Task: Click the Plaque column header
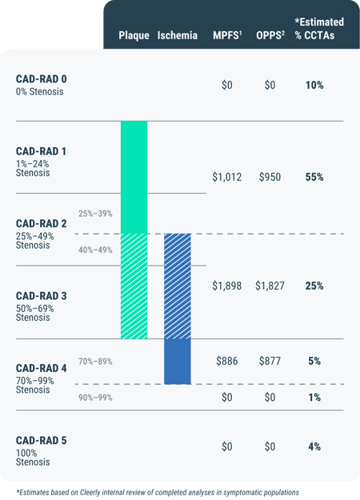coord(134,36)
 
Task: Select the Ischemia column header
coord(177,36)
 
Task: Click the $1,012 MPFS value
coord(227,177)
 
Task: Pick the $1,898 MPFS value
coord(227,285)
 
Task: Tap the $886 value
coord(227,362)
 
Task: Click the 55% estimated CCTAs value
coord(314,177)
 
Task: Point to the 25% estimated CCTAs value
coord(314,285)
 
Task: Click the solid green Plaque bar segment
coord(134,177)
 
